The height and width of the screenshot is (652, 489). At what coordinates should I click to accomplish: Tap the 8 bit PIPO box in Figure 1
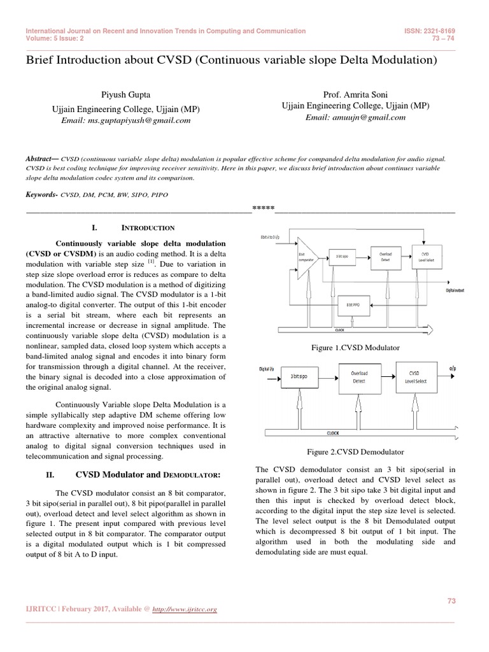(353, 305)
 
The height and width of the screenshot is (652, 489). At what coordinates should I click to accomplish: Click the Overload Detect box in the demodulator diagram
(359, 377)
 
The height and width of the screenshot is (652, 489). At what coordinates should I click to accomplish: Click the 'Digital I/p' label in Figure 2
(267, 368)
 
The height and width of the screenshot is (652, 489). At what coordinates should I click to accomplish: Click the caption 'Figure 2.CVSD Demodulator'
(355, 451)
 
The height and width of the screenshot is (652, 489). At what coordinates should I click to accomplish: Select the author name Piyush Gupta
(120, 94)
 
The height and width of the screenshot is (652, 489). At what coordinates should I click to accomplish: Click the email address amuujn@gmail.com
(355, 118)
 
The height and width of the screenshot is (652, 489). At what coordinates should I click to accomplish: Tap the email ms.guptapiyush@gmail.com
(121, 119)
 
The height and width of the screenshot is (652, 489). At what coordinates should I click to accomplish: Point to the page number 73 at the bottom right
(451, 600)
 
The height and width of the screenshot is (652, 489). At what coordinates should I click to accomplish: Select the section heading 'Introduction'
(148, 227)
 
